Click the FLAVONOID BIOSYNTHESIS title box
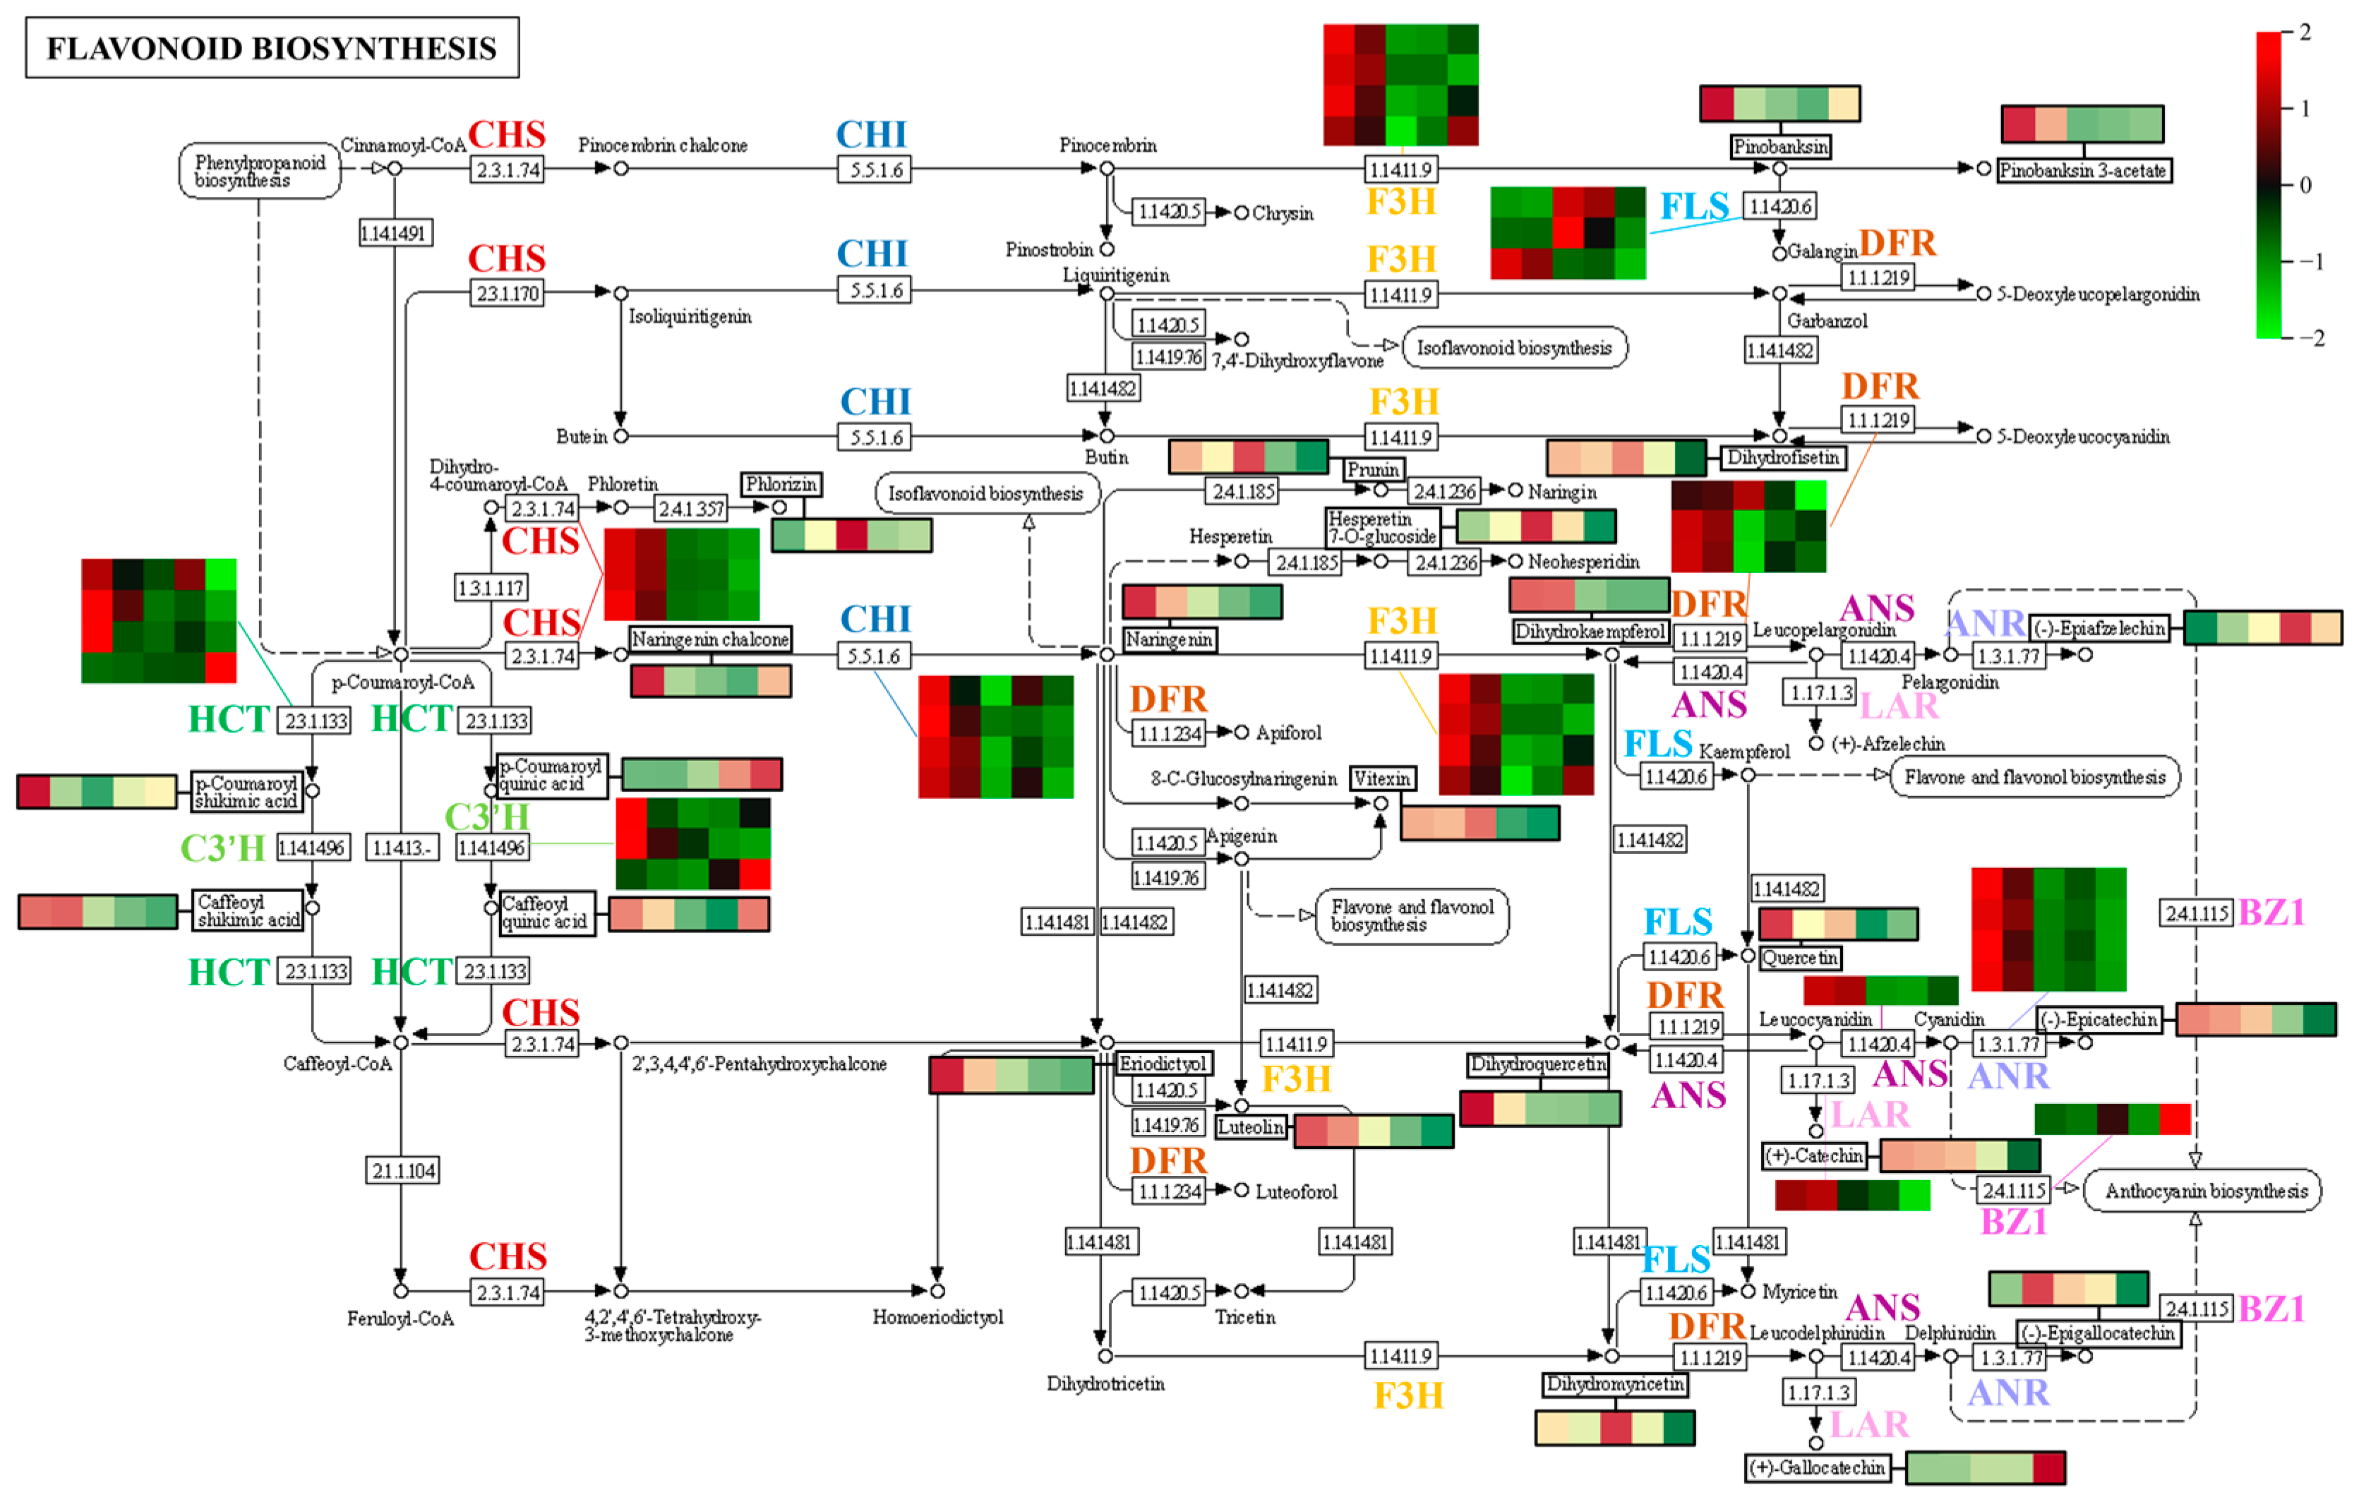click(x=271, y=48)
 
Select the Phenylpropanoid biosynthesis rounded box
click(x=260, y=171)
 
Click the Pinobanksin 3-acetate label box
click(x=2084, y=171)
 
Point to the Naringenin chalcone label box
click(x=709, y=639)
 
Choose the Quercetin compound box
click(x=1801, y=957)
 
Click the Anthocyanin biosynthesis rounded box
click(x=2205, y=1191)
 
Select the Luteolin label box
click(x=1250, y=1126)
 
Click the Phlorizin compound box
click(x=781, y=484)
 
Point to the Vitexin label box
click(x=1382, y=778)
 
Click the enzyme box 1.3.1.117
click(x=491, y=588)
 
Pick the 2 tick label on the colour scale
click(x=2305, y=32)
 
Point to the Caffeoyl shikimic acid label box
click(x=248, y=910)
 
